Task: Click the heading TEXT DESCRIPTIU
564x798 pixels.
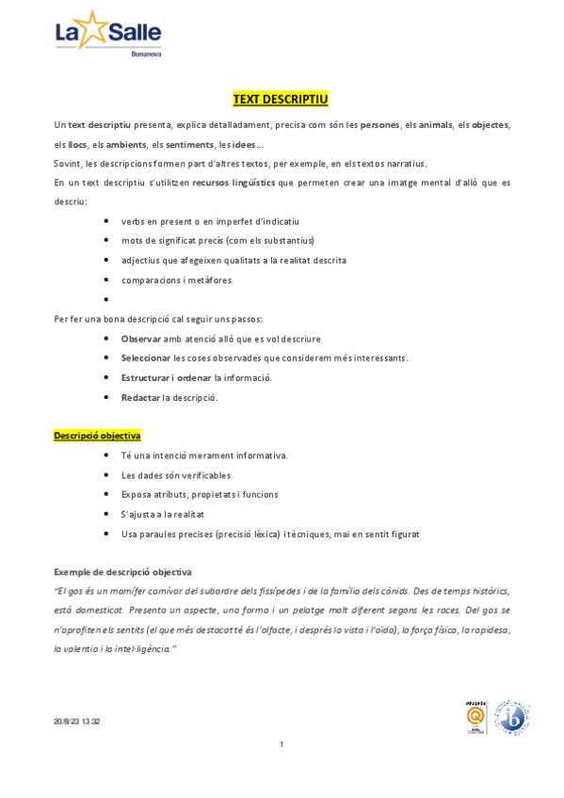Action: click(281, 99)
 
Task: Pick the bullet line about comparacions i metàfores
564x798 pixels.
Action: click(176, 279)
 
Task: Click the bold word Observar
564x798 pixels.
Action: click(141, 338)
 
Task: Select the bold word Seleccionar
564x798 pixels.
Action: click(146, 358)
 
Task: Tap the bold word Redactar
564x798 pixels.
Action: click(140, 397)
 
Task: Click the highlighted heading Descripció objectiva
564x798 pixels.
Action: click(97, 436)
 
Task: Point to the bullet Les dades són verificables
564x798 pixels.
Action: click(176, 475)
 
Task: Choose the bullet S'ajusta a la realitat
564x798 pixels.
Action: click(163, 514)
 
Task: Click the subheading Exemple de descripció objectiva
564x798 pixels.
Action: click(122, 571)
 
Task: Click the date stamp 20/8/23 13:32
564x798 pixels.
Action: click(76, 722)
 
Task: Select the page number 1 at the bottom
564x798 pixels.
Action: click(282, 744)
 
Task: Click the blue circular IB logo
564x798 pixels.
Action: click(511, 717)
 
